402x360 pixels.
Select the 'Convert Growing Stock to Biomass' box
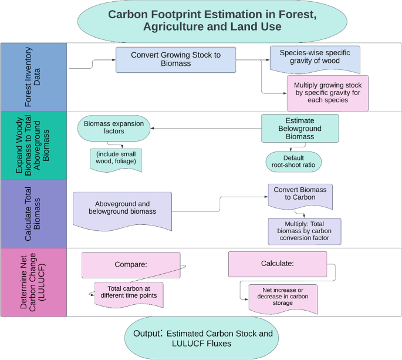coord(176,59)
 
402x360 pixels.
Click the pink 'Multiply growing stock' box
coord(327,93)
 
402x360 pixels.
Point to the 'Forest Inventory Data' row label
coord(33,76)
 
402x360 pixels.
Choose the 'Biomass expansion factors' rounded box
coord(114,128)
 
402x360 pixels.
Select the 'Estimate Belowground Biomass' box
coord(300,128)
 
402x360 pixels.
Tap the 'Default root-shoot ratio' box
coord(293,161)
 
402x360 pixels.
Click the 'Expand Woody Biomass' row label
coord(33,145)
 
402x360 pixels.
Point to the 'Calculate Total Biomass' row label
coord(33,213)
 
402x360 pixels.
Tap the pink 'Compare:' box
coord(131,265)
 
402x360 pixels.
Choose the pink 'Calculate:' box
coord(276,264)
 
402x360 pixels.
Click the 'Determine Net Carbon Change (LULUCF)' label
coord(33,281)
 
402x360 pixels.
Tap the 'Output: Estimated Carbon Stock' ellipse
coord(202,338)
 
